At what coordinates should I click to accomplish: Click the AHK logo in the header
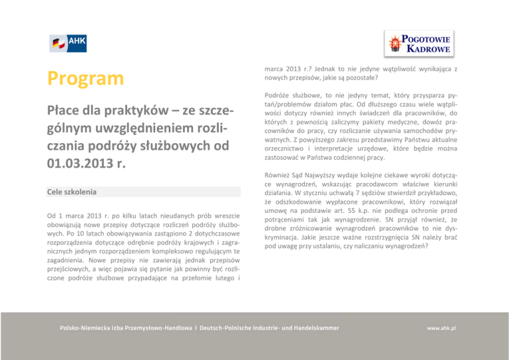click(x=68, y=43)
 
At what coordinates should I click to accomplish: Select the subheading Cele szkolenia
click(x=72, y=192)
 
